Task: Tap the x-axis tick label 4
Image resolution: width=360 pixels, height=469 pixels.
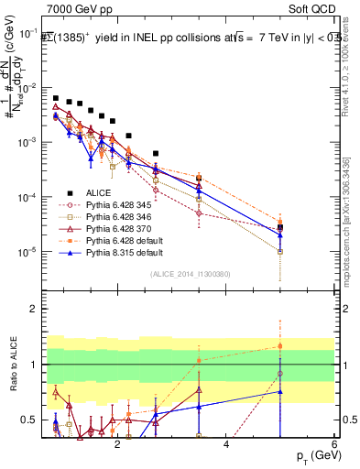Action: [226, 446]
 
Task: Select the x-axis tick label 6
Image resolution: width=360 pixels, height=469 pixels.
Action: [334, 446]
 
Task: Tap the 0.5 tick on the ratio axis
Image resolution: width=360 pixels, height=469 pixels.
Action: [32, 420]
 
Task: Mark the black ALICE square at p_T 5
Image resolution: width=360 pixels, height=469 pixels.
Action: [280, 227]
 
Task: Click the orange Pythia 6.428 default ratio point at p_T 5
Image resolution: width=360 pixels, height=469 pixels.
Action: [280, 346]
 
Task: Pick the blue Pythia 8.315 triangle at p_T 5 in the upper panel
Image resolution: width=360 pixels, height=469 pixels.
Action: [280, 235]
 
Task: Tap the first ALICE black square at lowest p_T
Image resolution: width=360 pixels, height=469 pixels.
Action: [56, 98]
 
